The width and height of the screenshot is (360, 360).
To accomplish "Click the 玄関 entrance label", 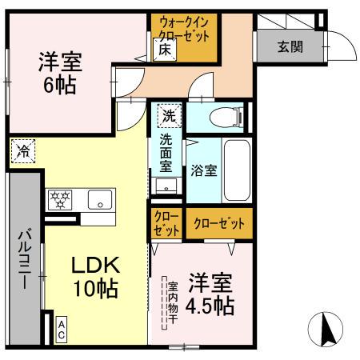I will click(290, 46).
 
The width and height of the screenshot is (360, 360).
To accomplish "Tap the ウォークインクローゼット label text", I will click(184, 30).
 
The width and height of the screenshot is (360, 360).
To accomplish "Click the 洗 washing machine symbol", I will click(169, 115).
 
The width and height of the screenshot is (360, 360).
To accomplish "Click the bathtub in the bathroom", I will click(237, 170).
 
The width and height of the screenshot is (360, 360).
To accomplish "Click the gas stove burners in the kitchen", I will click(60, 199).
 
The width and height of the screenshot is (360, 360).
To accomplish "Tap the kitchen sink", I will click(101, 200).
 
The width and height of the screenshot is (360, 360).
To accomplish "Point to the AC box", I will click(62, 330).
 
